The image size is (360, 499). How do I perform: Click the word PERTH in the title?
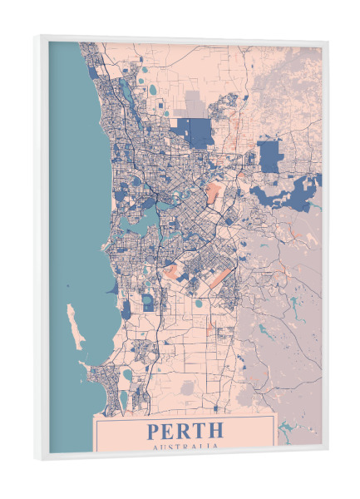click(185, 431)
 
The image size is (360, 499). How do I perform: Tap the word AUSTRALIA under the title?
click(185, 446)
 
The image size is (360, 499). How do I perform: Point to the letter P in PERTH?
click(154, 431)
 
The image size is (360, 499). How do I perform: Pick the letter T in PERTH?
click(200, 431)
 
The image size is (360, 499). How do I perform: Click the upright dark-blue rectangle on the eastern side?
click(269, 156)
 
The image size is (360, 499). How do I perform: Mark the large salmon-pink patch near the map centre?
click(215, 196)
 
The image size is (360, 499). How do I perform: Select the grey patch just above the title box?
click(190, 388)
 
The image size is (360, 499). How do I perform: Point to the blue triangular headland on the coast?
click(111, 288)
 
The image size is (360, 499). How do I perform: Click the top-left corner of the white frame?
click(37, 36)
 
